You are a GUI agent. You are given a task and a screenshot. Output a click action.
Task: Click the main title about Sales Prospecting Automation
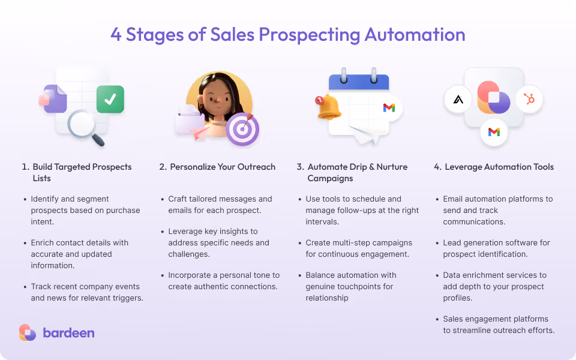(x=288, y=34)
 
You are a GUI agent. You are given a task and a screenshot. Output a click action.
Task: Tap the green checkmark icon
(x=110, y=100)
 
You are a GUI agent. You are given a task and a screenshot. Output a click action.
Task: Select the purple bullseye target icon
(x=242, y=129)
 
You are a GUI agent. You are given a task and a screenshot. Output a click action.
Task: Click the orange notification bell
(x=329, y=107)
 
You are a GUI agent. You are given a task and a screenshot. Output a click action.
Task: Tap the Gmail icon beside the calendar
(x=389, y=107)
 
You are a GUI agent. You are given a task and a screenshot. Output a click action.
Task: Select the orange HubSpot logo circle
(x=529, y=99)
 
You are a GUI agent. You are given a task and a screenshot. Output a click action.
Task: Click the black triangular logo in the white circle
(x=458, y=99)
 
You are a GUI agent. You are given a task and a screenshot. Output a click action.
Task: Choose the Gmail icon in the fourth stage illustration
(x=494, y=132)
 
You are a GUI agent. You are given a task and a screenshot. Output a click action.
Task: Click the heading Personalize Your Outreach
(x=223, y=167)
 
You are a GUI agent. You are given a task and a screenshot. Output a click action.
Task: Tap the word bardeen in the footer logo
(x=68, y=332)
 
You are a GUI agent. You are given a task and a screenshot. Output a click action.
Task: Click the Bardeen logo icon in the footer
(x=28, y=332)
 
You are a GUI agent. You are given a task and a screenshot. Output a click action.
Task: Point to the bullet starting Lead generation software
(x=496, y=248)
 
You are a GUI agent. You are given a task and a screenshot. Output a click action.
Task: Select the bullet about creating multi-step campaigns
(x=359, y=248)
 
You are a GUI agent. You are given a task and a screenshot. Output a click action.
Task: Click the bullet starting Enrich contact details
(x=80, y=254)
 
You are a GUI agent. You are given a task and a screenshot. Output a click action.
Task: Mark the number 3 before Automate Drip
(x=299, y=167)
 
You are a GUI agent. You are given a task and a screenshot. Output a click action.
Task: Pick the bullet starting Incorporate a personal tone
(x=223, y=281)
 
